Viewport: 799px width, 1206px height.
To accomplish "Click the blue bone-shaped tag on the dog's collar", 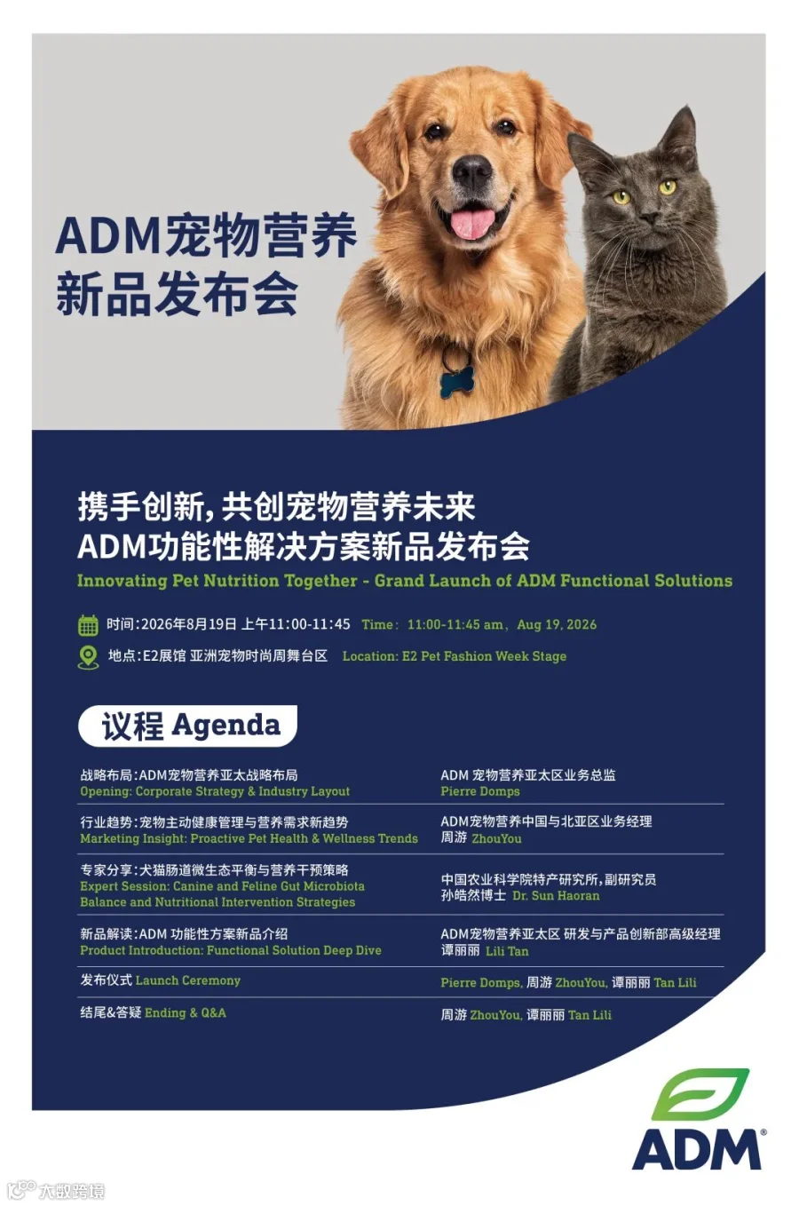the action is coord(457,381).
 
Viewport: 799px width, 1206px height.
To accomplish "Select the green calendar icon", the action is coord(88,624).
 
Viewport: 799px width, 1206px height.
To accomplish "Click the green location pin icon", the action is coord(88,657).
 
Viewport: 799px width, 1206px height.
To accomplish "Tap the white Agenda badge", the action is coord(188,726).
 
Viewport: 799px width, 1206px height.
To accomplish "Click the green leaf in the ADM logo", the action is coord(700,1094).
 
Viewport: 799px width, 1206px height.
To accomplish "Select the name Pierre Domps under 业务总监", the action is coord(480,791).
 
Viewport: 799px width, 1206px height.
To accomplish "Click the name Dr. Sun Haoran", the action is coord(556,896).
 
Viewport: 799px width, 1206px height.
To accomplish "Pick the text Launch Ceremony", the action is coord(188,980).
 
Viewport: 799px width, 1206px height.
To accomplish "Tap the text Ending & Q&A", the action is coord(186,1012).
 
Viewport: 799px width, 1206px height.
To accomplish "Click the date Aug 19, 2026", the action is coord(557,624).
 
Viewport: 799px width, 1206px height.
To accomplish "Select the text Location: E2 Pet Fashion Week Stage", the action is coord(455,656).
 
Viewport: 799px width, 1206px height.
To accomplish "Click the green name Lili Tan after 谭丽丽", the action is coord(507,951).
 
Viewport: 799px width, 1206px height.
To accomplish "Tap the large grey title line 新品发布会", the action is coord(177,294).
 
